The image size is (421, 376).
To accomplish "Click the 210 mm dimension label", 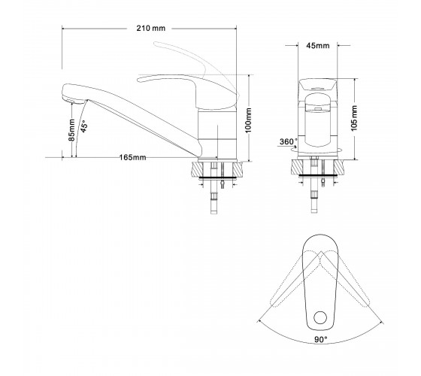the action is point(151,29).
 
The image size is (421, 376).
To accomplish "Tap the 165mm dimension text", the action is point(132,157).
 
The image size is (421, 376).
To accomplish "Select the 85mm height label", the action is point(71,130).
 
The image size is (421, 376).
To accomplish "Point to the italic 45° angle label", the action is point(84,126).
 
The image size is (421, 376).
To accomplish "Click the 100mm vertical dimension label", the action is point(248,120).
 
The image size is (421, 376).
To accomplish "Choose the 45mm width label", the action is point(318,46).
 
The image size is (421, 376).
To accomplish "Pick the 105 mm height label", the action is point(354,118).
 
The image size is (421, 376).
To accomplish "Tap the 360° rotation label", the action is point(289,141).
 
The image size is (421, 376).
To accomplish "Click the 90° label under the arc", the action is point(321,339).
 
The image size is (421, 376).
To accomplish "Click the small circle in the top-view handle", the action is point(320,317).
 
